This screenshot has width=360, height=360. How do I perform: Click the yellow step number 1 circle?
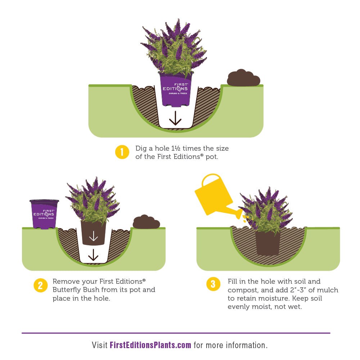[x=122, y=152]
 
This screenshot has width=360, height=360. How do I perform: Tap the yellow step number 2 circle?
[x=40, y=286]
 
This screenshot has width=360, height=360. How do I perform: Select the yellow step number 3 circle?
[x=213, y=284]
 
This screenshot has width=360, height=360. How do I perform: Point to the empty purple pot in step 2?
[x=44, y=214]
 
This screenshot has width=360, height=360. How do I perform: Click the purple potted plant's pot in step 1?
[x=176, y=90]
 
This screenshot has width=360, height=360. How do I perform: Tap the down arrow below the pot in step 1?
[x=175, y=118]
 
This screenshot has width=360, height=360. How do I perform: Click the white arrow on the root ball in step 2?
[x=93, y=236]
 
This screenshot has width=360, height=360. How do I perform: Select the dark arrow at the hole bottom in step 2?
[x=93, y=255]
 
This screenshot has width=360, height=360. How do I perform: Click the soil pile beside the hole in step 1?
[x=243, y=78]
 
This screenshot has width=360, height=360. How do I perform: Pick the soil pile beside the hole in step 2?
[x=146, y=222]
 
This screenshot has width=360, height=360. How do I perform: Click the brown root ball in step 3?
[x=267, y=243]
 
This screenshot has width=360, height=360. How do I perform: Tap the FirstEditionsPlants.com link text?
[x=150, y=345]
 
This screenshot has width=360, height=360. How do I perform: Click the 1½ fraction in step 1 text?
[x=176, y=148]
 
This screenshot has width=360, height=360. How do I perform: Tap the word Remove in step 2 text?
[x=66, y=282]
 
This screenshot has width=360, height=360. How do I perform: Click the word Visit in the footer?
[x=100, y=345]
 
